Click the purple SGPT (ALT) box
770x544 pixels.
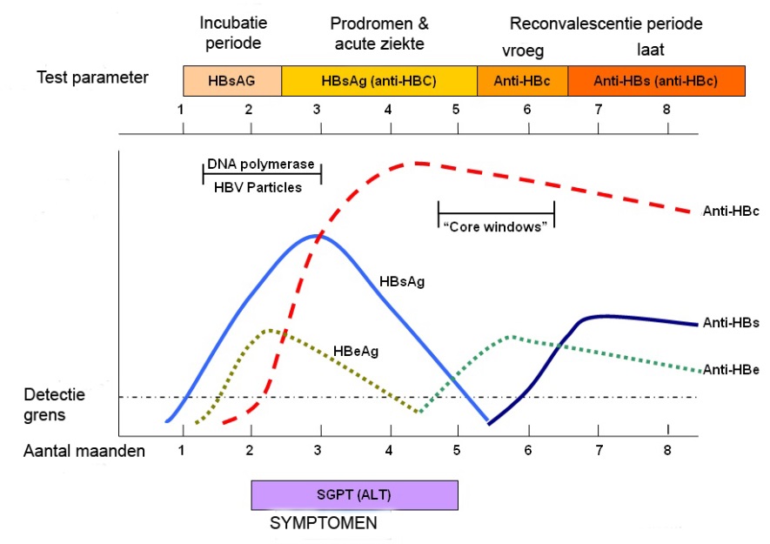click(355, 495)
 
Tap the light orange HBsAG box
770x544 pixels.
click(232, 81)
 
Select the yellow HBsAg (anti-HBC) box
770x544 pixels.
click(379, 81)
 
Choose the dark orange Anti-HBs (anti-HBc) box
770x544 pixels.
click(657, 81)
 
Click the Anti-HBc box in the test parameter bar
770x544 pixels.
click(523, 81)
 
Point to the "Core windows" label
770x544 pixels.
click(495, 226)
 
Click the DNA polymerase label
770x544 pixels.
click(261, 165)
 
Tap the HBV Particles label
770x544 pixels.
click(258, 187)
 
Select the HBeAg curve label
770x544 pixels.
click(356, 351)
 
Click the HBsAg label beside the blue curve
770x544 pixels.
click(402, 282)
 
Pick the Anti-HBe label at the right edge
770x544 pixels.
click(731, 370)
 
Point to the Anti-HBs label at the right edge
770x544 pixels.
click(731, 323)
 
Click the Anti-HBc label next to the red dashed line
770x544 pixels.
click(731, 212)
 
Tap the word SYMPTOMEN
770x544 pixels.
click(324, 523)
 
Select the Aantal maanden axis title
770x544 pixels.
click(84, 451)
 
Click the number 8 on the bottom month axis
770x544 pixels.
click(666, 450)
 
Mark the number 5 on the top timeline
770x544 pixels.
click(456, 109)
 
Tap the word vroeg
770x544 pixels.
click(523, 50)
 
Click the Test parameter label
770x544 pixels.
click(92, 77)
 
